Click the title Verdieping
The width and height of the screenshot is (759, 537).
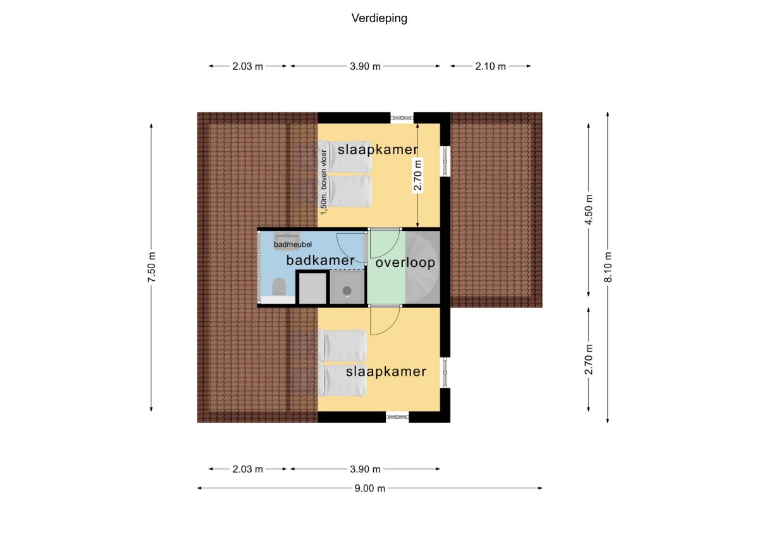pos(379,18)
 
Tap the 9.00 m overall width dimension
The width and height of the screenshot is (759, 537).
pos(369,488)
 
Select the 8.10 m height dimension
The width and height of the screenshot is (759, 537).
pos(608,267)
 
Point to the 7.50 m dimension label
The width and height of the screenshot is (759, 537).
pos(151,267)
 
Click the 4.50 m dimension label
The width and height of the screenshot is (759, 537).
pos(589,209)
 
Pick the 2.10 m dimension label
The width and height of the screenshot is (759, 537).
pos(490,66)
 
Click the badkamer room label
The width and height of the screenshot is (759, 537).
pos(320,260)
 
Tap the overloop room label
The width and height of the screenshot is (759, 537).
pos(405,262)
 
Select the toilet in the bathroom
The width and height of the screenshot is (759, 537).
pos(279,287)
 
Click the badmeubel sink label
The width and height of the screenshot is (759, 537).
pos(293,244)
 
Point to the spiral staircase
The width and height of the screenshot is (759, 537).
pos(423,268)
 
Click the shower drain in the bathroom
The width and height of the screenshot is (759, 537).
pos(347,291)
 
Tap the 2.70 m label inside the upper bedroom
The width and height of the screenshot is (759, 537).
pos(418,175)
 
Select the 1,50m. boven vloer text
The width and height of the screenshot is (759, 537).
pos(324,182)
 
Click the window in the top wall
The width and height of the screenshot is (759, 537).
pos(402,118)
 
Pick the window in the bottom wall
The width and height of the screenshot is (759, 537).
pos(397,417)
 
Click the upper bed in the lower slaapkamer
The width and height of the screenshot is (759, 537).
pos(343,345)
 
